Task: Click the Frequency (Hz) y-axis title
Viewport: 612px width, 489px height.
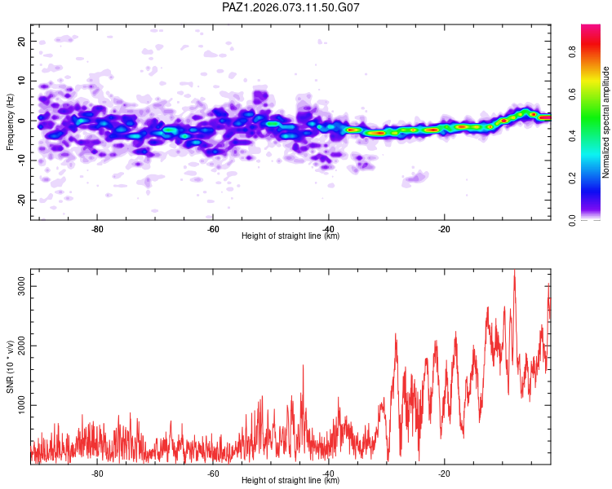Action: [10, 121]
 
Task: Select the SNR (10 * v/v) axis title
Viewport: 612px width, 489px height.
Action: [10, 366]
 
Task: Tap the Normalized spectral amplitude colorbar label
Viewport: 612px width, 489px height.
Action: [606, 121]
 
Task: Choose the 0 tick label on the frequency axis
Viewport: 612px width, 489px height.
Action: [23, 121]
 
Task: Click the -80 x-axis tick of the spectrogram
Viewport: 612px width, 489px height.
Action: [97, 229]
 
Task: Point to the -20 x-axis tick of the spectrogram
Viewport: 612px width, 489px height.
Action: [445, 229]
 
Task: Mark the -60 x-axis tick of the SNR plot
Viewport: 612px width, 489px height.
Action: [213, 474]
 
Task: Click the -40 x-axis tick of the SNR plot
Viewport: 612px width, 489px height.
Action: [329, 474]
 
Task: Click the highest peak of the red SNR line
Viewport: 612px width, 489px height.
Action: [514, 271]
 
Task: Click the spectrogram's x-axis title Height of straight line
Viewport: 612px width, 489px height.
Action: [290, 236]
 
